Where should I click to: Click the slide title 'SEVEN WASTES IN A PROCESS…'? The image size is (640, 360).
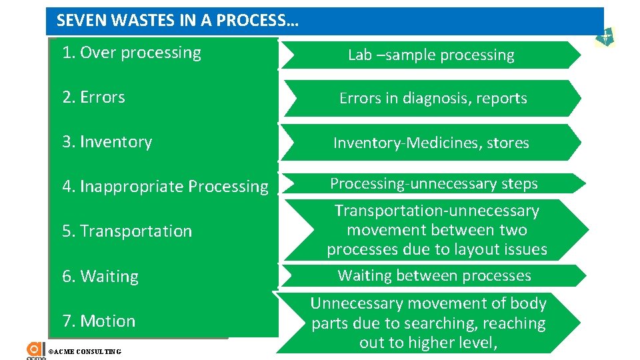[x=177, y=21]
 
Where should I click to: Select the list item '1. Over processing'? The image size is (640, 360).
[x=131, y=53]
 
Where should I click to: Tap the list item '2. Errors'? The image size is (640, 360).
[x=93, y=97]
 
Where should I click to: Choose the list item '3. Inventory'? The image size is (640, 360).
[x=107, y=142]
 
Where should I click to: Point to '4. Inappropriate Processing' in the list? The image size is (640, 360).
[x=165, y=187]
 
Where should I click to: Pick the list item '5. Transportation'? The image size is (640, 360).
[x=127, y=231]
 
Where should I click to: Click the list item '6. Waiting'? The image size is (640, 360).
[x=100, y=277]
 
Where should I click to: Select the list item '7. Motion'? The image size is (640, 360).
[x=99, y=321]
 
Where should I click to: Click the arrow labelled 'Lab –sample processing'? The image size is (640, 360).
[x=431, y=55]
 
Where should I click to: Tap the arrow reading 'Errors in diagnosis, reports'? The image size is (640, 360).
[x=433, y=99]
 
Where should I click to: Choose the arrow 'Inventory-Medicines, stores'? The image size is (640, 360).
[x=431, y=143]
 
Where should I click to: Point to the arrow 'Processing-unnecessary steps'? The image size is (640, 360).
[x=433, y=183]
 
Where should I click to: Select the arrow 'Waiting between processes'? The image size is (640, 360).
[x=434, y=275]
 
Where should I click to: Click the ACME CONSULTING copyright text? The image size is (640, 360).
[x=85, y=351]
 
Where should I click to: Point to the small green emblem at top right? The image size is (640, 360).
[x=605, y=39]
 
